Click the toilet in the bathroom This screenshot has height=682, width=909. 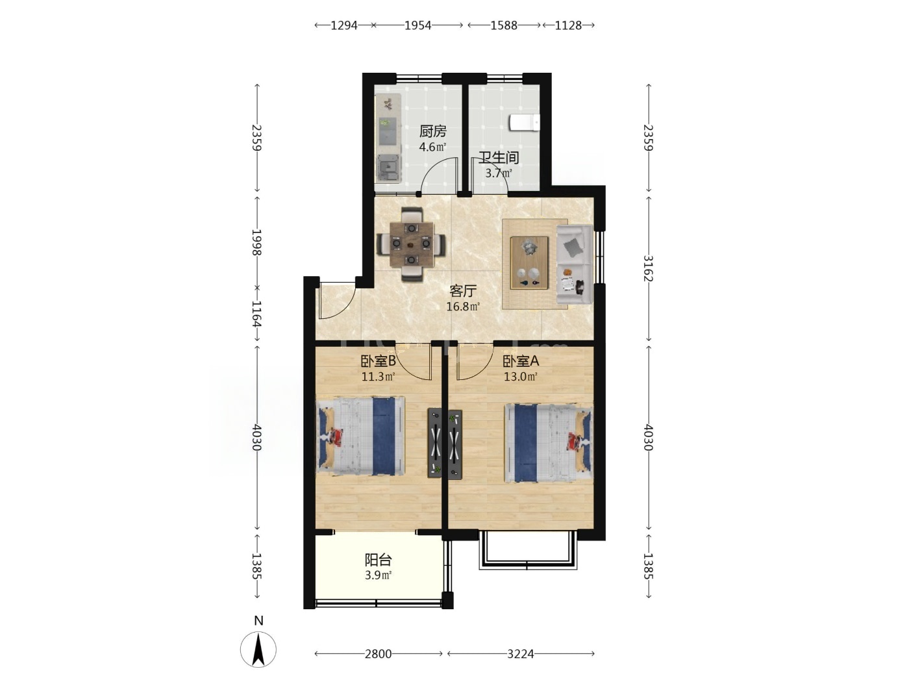[x=524, y=123]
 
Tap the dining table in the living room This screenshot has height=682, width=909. [x=411, y=244]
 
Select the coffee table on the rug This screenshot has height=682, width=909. [x=529, y=263]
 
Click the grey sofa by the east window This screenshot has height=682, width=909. [x=575, y=264]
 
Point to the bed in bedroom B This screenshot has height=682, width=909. [x=360, y=436]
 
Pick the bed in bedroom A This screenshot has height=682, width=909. [x=548, y=444]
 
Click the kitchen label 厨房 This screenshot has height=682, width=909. [x=433, y=131]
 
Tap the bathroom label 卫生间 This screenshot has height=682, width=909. [x=499, y=157]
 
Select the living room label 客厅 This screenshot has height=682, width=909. [x=463, y=291]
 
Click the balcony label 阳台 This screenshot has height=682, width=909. [x=378, y=560]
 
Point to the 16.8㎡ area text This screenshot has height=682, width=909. [x=463, y=307]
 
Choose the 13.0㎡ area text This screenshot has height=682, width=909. [x=521, y=377]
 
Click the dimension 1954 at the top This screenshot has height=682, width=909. [x=418, y=25]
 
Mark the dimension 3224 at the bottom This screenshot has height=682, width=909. [x=521, y=654]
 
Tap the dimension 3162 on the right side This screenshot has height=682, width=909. [x=648, y=268]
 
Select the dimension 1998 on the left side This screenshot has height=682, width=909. [x=256, y=242]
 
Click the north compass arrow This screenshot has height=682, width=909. [x=258, y=650]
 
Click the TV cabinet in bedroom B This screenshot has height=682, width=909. [x=434, y=443]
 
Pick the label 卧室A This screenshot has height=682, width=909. [x=521, y=362]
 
